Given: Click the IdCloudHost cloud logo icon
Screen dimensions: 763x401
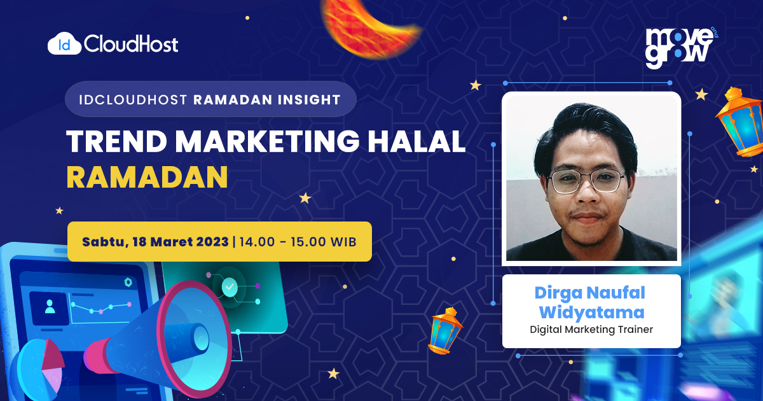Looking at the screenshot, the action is [64, 44].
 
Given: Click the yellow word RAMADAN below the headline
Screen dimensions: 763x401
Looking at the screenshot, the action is [147, 177].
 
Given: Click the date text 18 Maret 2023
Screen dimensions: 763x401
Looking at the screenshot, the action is [181, 242].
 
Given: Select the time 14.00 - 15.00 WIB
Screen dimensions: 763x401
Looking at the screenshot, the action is [298, 242].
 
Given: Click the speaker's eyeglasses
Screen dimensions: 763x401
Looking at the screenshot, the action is [586, 181].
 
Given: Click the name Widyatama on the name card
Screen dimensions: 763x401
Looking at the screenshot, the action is [592, 313].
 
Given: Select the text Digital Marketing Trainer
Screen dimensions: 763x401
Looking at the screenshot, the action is [591, 330].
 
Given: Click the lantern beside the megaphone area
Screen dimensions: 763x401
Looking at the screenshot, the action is [444, 331].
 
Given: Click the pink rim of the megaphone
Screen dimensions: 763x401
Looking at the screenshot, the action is [194, 339].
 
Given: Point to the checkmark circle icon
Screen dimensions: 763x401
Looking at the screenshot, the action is [230, 287].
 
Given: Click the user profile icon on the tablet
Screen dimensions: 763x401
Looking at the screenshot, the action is [50, 306].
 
